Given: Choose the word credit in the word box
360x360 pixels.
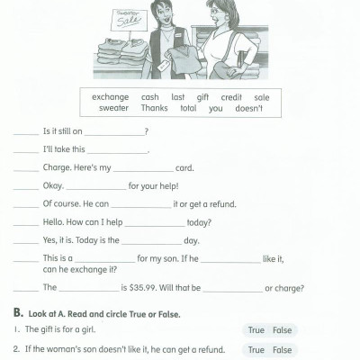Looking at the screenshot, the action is tap(232, 97).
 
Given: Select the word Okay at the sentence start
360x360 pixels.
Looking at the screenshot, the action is tap(52, 185).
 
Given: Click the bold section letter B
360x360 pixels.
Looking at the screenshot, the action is tap(17, 313).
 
